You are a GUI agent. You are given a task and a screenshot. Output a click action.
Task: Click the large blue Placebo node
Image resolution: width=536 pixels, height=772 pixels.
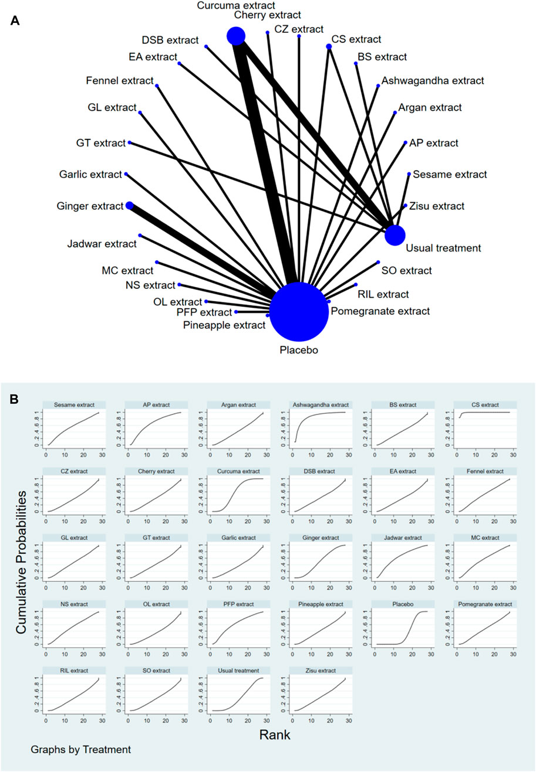(299, 312)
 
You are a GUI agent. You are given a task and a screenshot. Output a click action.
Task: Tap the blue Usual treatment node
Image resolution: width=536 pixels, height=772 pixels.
(395, 235)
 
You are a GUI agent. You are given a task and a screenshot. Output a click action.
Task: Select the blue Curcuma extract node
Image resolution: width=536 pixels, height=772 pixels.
(236, 36)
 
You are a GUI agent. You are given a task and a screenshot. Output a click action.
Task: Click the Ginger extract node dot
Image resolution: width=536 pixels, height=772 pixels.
(129, 205)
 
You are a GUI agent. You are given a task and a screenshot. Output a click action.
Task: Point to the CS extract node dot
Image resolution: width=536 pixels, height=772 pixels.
(329, 46)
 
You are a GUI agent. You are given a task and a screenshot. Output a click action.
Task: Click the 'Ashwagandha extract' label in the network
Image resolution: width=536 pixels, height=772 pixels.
(433, 80)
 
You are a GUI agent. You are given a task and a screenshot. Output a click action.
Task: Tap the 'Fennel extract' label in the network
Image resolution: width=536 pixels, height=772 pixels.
(120, 80)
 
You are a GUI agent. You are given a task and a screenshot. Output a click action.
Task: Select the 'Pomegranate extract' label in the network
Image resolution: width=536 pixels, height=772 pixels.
(380, 311)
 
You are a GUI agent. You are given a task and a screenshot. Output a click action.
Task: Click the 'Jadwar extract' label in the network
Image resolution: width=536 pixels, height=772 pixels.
(102, 243)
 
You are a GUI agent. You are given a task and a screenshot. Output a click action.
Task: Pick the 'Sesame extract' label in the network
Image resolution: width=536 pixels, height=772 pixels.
(450, 174)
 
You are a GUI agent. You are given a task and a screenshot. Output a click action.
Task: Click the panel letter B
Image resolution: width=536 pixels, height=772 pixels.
(14, 399)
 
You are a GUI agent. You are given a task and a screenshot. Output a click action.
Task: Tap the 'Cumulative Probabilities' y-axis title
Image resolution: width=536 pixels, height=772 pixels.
(22, 562)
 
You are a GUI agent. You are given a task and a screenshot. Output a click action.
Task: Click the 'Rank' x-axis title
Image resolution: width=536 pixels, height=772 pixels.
(275, 734)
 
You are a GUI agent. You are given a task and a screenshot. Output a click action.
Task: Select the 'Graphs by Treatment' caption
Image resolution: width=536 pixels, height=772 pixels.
(81, 749)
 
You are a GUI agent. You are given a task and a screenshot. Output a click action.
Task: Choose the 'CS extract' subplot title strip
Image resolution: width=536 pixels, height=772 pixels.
(485, 404)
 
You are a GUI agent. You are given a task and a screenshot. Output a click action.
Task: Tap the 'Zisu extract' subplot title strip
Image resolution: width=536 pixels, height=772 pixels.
(321, 670)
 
